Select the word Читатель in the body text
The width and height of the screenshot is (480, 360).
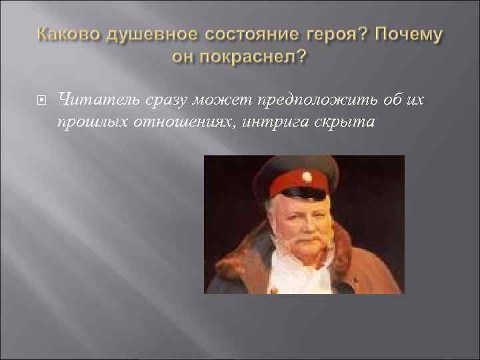point(96,100)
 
